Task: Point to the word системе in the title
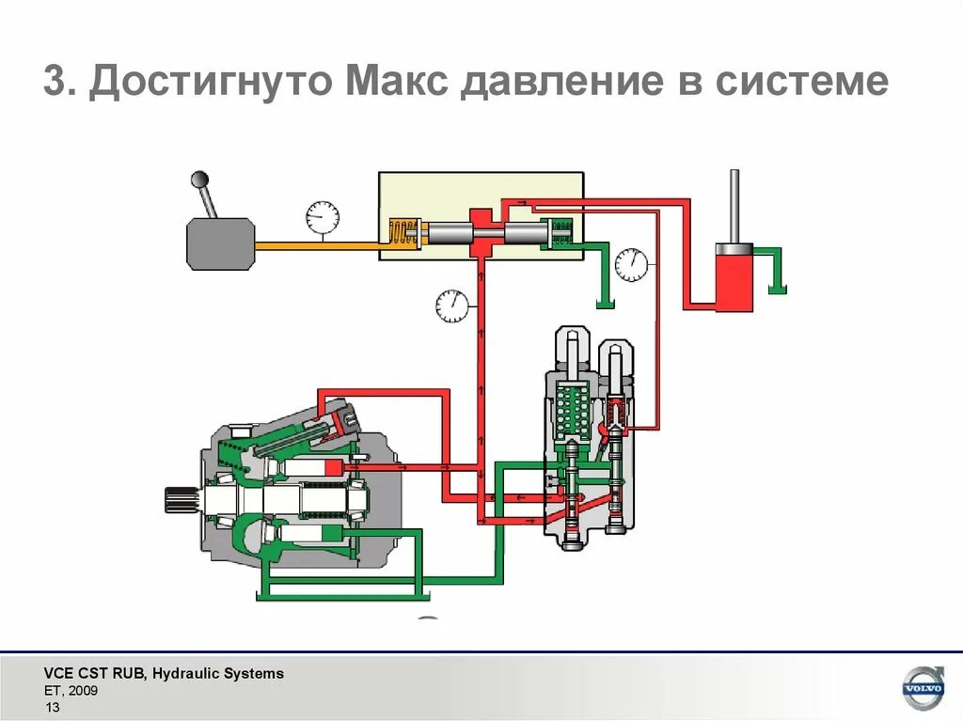(x=800, y=82)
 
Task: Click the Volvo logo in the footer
(x=922, y=689)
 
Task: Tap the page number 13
(x=53, y=708)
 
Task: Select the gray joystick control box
(x=220, y=243)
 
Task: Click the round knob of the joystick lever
(x=199, y=179)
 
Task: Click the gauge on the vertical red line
(x=452, y=305)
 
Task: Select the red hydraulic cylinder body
(x=734, y=279)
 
